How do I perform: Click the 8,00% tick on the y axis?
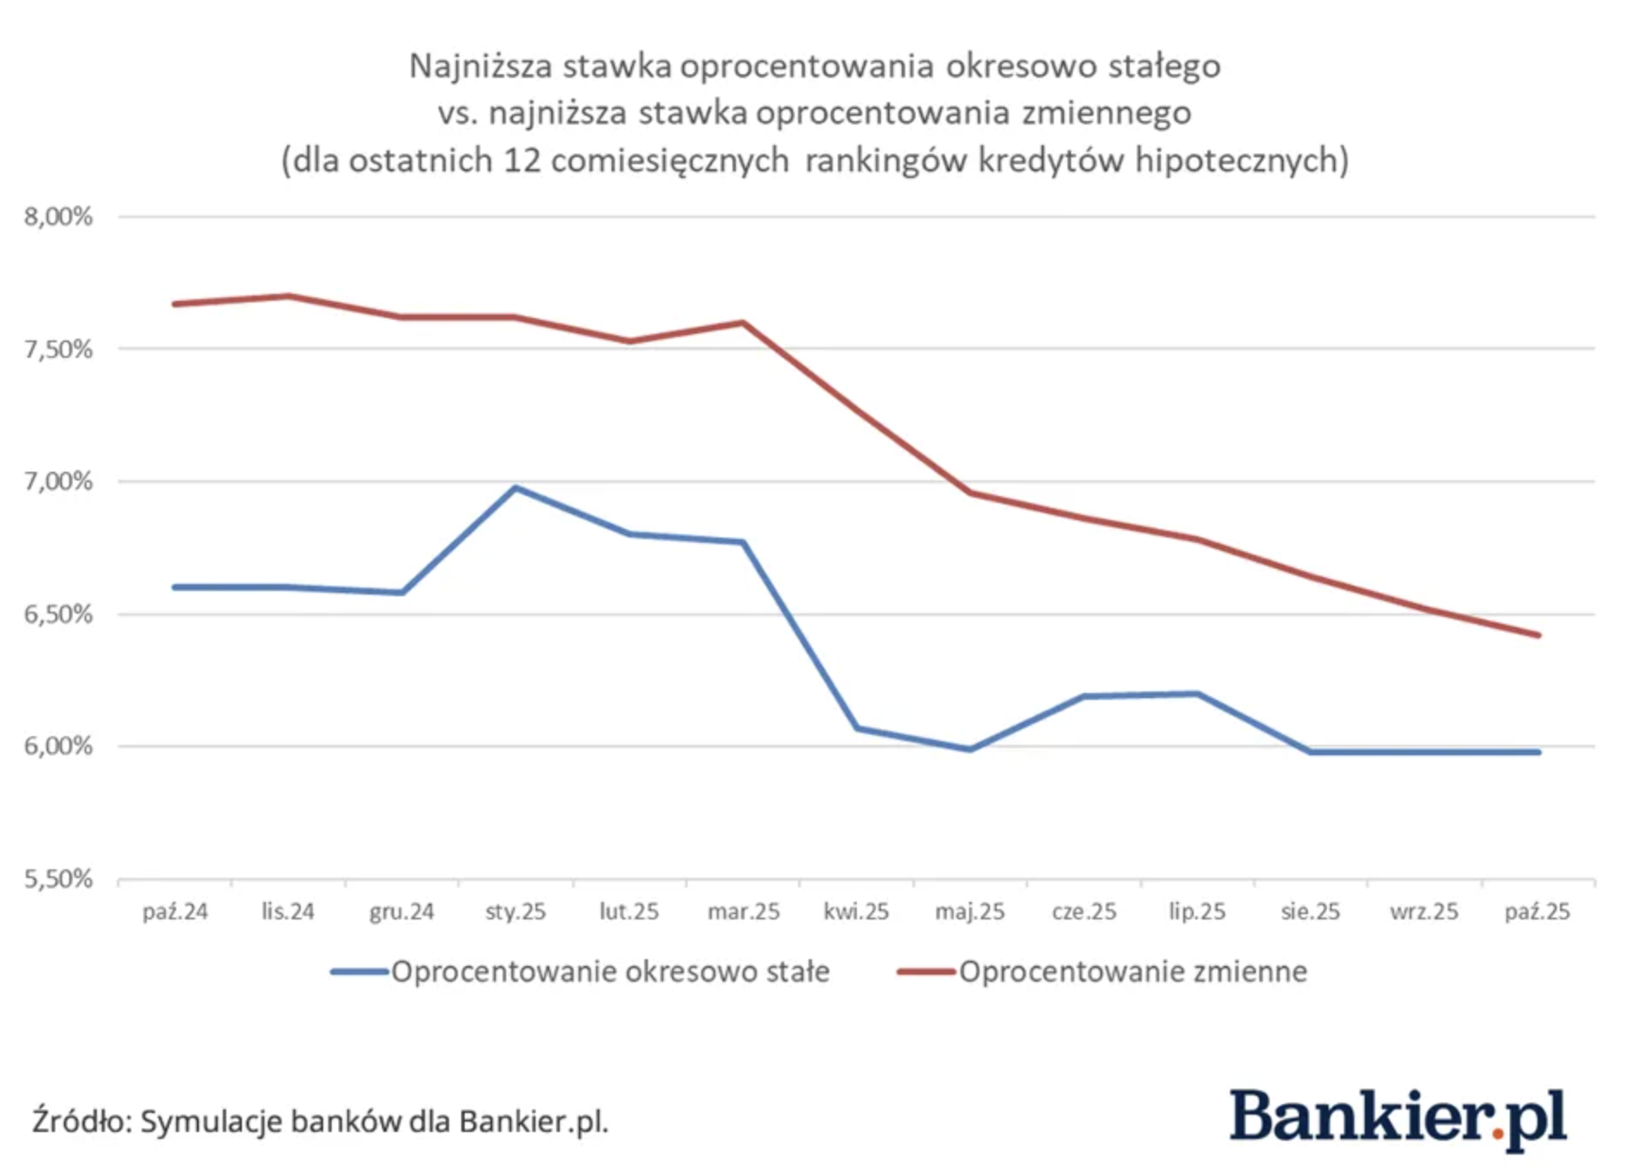coord(58,216)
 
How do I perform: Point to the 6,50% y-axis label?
coord(58,614)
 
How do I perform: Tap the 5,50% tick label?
coord(58,879)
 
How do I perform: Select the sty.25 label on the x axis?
coord(516,912)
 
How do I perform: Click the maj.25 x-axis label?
coord(970,912)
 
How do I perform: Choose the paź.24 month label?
coord(175,912)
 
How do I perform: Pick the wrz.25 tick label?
coord(1423,912)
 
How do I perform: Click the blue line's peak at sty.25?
coord(516,488)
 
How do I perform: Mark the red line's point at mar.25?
coord(743,322)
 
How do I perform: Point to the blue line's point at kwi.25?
coord(857,728)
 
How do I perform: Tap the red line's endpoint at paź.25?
coord(1537,635)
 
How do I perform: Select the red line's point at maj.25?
coord(970,493)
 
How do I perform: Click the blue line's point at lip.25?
coord(1197,693)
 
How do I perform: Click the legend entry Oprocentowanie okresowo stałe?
coord(609,972)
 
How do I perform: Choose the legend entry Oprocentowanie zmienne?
coord(1131,972)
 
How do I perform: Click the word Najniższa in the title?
coord(479,67)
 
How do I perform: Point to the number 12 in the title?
coord(522,161)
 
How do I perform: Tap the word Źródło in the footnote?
coord(80,1121)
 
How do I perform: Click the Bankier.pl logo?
coord(1398,1118)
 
